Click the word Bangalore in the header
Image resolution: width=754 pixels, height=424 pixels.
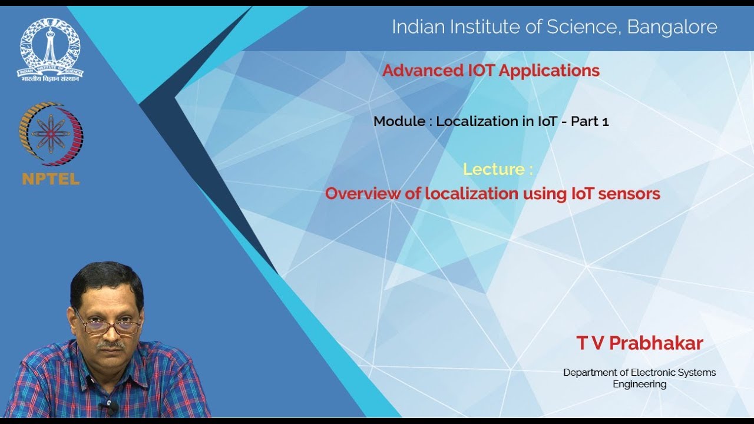pyautogui.click(x=672, y=26)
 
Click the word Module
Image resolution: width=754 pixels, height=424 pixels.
pyautogui.click(x=399, y=121)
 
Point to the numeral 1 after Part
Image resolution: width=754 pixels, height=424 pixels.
pyautogui.click(x=605, y=122)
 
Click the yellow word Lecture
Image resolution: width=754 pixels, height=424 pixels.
pyautogui.click(x=494, y=169)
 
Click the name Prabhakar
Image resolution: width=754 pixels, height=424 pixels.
pyautogui.click(x=656, y=343)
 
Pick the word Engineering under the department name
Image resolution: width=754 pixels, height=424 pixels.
pyautogui.click(x=639, y=385)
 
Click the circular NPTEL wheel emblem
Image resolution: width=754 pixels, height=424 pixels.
pyautogui.click(x=51, y=134)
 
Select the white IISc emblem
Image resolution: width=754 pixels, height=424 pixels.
pyautogui.click(x=50, y=48)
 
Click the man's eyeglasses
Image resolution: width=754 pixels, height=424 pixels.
pyautogui.click(x=108, y=324)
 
